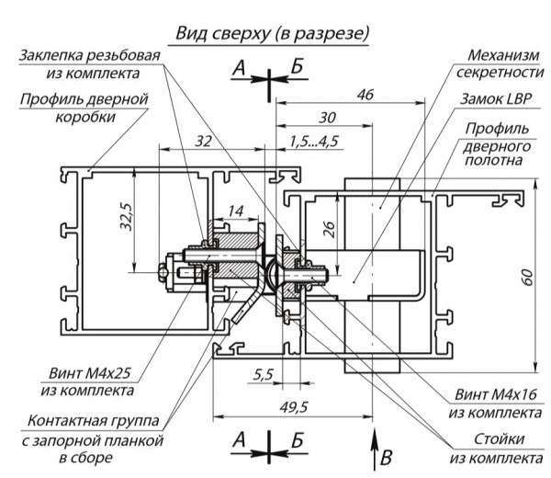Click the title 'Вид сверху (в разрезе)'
click(x=273, y=34)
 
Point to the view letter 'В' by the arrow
click(x=386, y=455)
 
